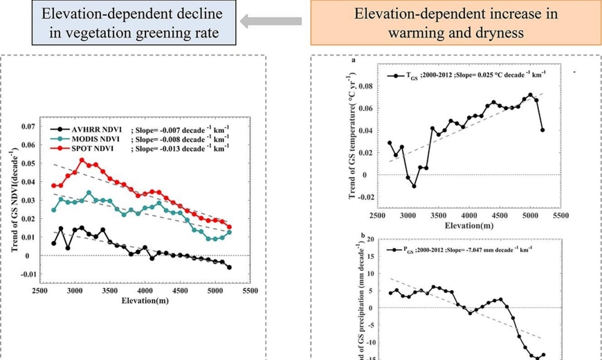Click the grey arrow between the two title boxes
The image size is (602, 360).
[271, 21]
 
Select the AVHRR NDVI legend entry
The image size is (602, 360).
[91, 129]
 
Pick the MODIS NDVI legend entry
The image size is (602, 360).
[91, 138]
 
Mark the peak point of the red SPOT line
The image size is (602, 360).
[82, 160]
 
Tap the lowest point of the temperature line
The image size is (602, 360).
[414, 186]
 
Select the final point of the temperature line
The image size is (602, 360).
[542, 130]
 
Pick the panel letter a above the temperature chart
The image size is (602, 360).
[354, 61]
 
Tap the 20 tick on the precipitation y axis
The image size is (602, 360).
[372, 239]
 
